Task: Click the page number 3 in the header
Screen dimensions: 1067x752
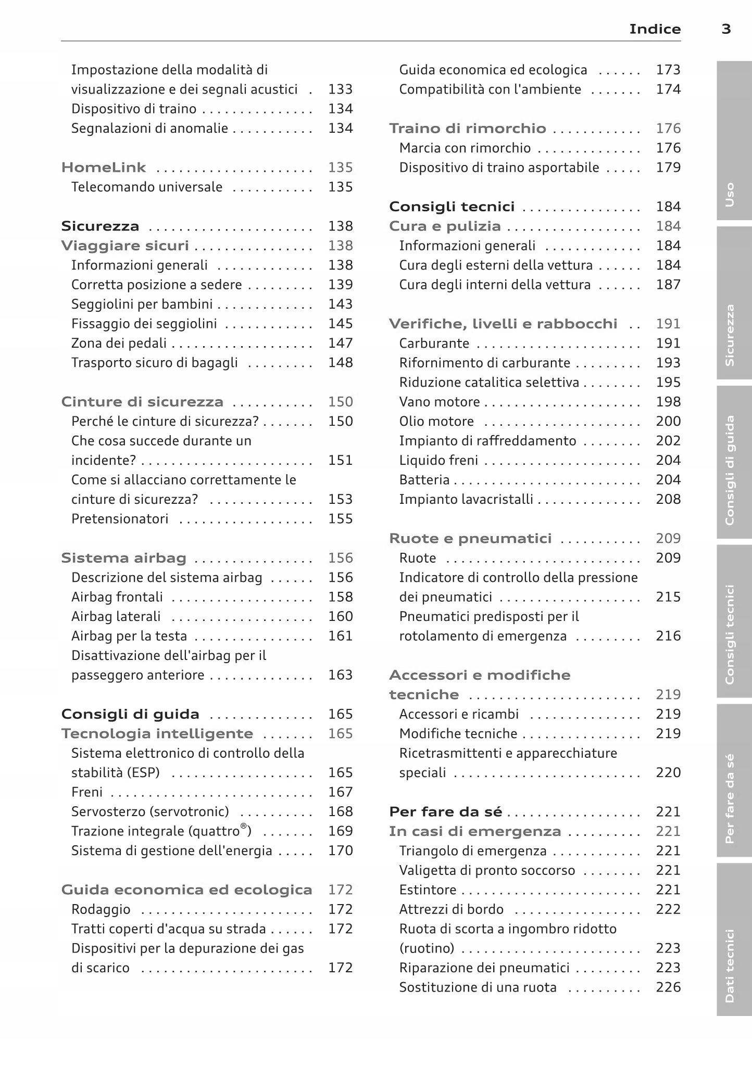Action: click(726, 29)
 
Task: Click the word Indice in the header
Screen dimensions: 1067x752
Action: click(655, 29)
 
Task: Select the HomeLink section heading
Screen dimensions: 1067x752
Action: click(104, 168)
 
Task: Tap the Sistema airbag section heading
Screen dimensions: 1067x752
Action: click(123, 558)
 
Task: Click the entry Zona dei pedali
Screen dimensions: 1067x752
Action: click(119, 343)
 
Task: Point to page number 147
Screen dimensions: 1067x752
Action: click(340, 343)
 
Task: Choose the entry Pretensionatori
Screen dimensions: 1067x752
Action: click(120, 519)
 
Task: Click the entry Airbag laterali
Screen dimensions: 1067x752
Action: click(116, 616)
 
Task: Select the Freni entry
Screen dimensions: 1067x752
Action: click(87, 792)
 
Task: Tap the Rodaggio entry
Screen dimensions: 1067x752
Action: click(101, 909)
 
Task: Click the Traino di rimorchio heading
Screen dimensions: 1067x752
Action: click(467, 129)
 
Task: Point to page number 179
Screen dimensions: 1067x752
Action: click(668, 168)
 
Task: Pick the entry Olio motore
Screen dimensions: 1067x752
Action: click(436, 421)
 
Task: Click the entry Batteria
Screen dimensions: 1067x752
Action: click(424, 480)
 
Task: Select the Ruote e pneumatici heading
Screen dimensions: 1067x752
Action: click(470, 538)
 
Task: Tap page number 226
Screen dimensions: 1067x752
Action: click(668, 987)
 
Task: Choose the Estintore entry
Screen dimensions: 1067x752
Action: click(428, 890)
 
